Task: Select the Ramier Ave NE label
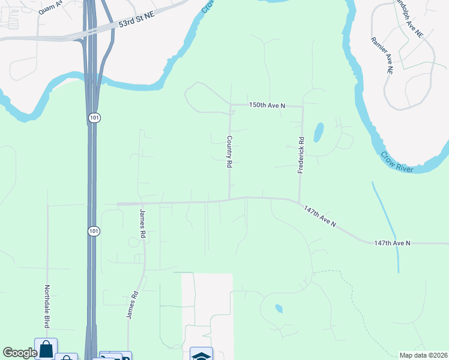381,55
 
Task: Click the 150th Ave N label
267,105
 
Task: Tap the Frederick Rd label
301,155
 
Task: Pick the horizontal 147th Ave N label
392,242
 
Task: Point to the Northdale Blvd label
47,305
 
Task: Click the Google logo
20,352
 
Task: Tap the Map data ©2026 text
423,355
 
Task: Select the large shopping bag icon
46,349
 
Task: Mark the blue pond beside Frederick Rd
318,133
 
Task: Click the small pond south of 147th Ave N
279,308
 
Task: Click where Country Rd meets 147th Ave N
229,199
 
